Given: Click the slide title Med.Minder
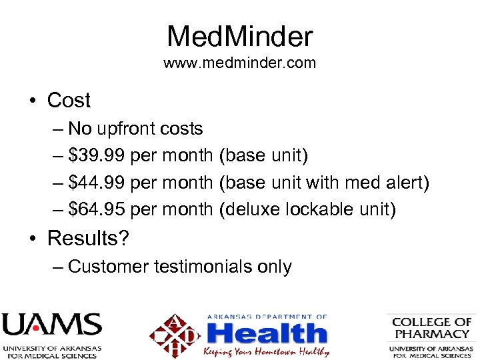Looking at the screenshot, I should tap(239, 36).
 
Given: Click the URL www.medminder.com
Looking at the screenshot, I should tap(239, 64).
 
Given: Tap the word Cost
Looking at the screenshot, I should tap(69, 101).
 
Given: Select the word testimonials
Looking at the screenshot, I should tap(203, 267).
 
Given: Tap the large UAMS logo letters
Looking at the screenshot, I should tap(51, 326).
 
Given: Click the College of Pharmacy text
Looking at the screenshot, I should tap(431, 327).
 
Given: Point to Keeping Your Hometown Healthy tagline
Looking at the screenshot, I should tap(267, 351).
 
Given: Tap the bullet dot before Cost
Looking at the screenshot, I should tap(31, 101).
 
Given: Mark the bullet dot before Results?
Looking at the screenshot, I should tap(31, 239).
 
